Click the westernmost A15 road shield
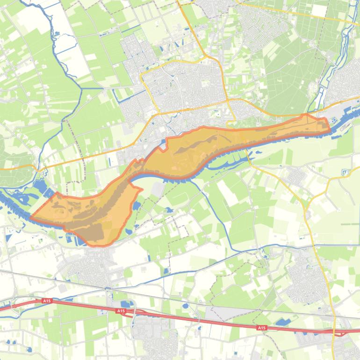46,301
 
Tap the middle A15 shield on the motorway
121,310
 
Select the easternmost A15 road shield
261,328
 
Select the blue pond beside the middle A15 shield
127,304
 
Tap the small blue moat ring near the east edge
344,175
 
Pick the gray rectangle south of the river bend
158,189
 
